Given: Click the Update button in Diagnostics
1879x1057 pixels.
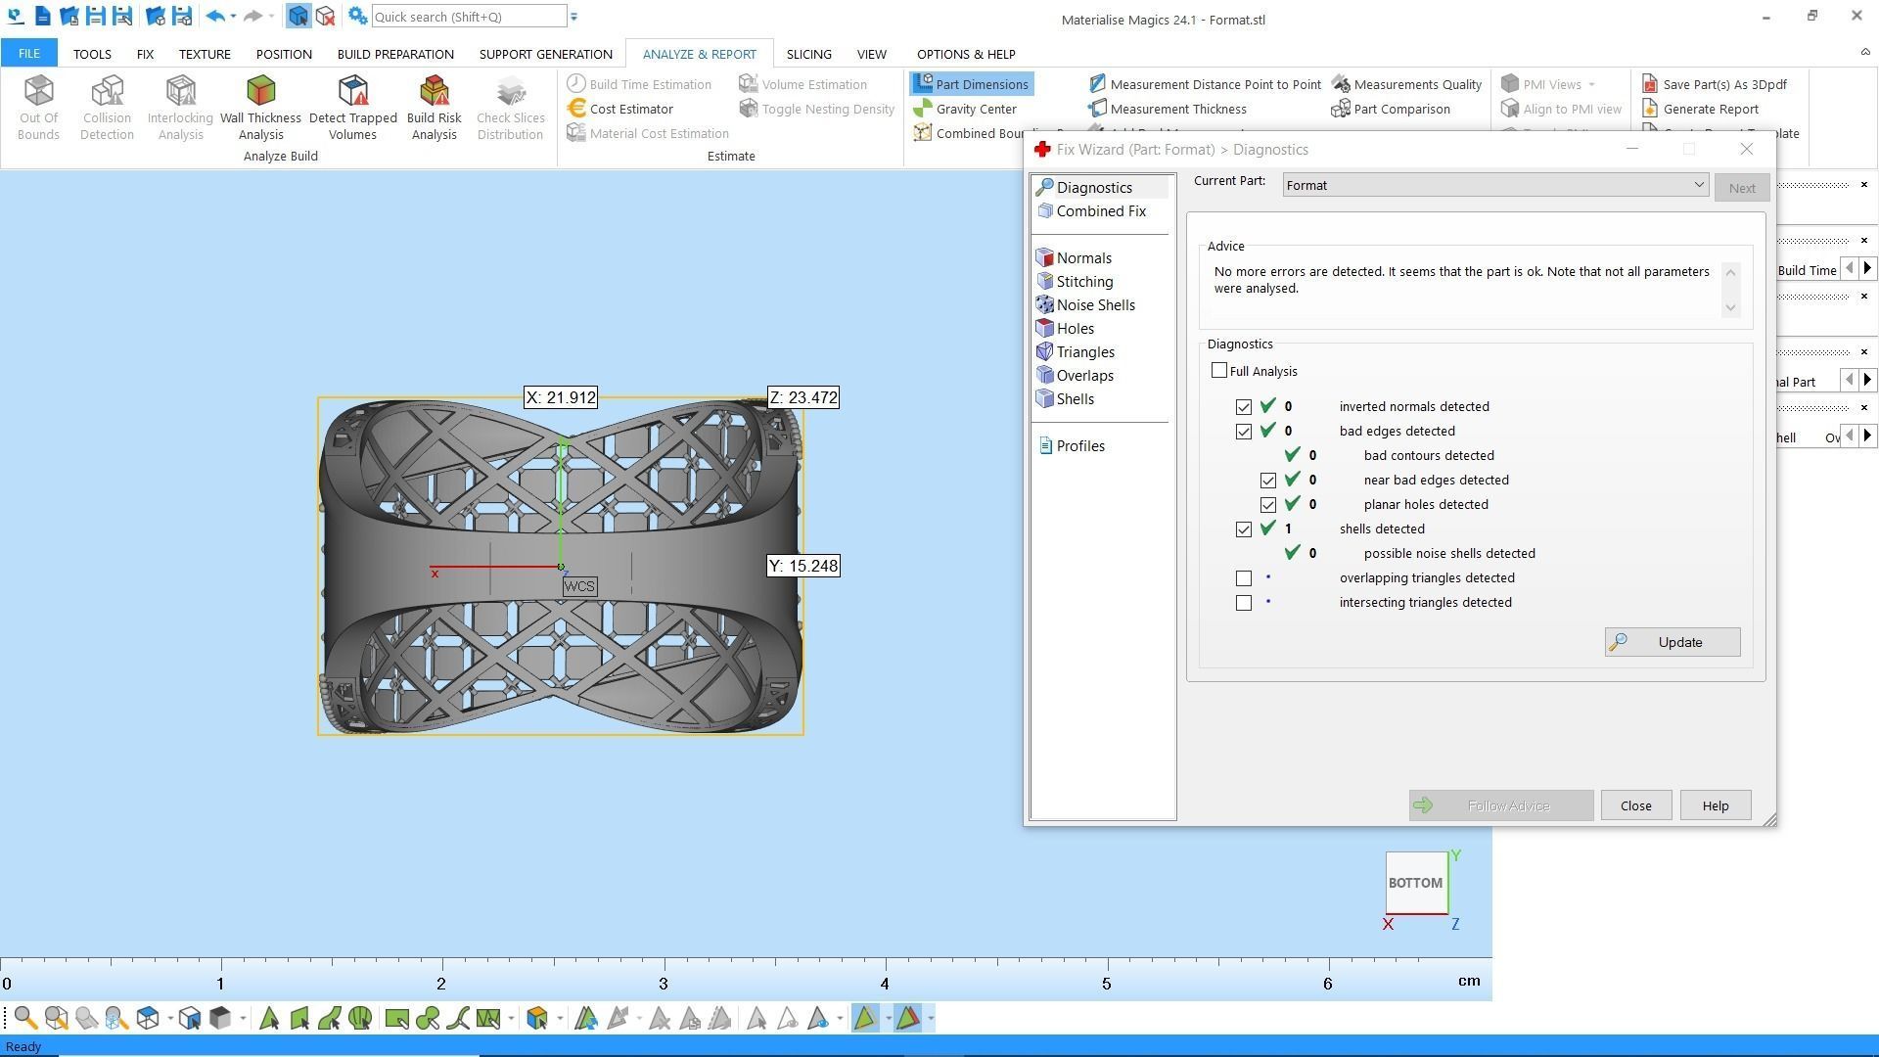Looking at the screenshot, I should point(1672,642).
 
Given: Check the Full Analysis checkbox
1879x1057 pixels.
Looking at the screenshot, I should point(1219,371).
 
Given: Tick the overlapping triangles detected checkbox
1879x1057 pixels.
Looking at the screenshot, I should point(1244,578).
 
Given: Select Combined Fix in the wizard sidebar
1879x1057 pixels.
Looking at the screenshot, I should point(1100,211).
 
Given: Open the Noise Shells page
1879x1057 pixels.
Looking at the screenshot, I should point(1095,305).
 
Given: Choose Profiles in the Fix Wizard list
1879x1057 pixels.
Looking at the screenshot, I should point(1079,446).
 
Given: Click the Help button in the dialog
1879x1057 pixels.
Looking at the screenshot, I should point(1715,805).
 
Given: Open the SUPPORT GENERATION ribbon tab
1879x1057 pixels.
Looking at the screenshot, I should point(545,54).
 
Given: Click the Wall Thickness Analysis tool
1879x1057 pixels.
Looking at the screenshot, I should point(260,108).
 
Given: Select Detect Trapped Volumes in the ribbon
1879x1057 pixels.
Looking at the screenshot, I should point(352,108).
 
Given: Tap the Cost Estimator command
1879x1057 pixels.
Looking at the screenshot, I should point(630,109).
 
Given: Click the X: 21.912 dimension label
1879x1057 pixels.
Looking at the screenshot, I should point(560,397).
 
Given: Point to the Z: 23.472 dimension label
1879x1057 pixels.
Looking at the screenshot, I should point(802,397).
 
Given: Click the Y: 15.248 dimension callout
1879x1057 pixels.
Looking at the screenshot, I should point(802,566).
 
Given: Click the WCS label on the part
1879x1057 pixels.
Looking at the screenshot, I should point(578,586).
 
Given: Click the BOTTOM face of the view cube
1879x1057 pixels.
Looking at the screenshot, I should point(1415,882).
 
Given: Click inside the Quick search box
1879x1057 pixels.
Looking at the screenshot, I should point(468,17).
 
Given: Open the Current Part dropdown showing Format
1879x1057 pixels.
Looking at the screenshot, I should point(1494,185).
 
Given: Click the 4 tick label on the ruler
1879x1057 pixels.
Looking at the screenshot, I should point(885,984).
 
